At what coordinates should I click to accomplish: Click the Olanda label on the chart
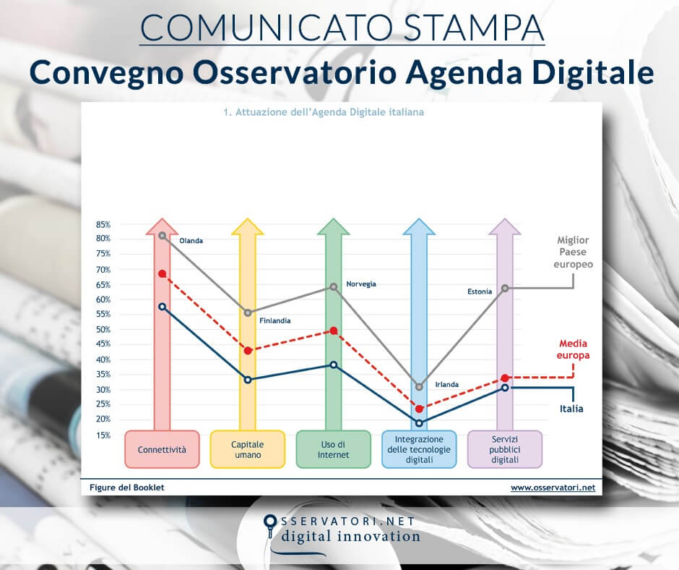pos(191,240)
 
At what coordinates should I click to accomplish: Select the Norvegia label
pos(360,284)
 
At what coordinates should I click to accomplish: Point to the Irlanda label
pos(446,384)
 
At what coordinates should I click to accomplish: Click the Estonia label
pos(479,292)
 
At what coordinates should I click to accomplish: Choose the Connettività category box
pos(162,449)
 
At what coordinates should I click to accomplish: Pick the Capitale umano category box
pos(247,449)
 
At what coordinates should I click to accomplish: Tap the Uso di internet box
pos(333,449)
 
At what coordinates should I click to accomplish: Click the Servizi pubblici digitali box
pos(504,449)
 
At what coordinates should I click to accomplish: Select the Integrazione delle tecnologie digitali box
pos(419,449)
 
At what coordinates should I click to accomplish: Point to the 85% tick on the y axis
pos(103,224)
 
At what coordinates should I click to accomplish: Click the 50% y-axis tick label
pos(103,329)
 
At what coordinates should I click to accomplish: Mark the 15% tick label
pos(103,435)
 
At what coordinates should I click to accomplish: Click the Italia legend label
pos(571,409)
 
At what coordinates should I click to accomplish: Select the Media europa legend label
pos(574,349)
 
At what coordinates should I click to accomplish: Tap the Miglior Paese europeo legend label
pos(574,252)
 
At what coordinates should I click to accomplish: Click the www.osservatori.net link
pos(553,488)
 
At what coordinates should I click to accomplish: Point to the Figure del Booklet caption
pos(127,488)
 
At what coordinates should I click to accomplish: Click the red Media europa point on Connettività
pos(163,273)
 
